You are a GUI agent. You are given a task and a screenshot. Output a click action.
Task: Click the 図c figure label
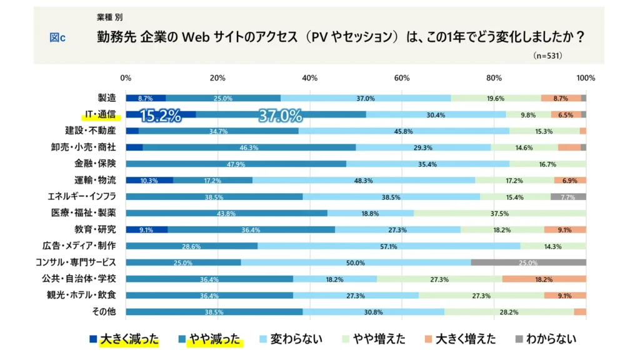click(x=57, y=37)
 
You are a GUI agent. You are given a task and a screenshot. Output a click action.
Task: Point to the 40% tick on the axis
click(x=309, y=78)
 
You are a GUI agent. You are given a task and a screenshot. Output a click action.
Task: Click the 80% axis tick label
click(x=494, y=78)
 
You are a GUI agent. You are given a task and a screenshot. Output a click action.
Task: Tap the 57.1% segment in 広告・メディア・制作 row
click(x=389, y=246)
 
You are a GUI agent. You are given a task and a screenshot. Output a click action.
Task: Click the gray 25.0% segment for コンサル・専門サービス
click(x=528, y=262)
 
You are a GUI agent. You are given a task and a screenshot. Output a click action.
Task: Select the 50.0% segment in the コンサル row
click(x=356, y=262)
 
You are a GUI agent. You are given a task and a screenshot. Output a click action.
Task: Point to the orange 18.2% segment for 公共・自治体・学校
click(x=544, y=279)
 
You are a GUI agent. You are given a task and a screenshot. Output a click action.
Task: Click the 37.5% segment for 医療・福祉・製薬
click(x=500, y=213)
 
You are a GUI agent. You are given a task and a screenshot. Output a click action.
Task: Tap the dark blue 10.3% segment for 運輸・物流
click(x=149, y=180)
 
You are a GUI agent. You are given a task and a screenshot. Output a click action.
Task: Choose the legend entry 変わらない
click(x=292, y=339)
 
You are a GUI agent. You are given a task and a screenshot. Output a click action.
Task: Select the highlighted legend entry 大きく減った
click(x=124, y=339)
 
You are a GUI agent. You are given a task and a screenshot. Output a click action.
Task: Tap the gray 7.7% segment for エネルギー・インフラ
click(x=568, y=197)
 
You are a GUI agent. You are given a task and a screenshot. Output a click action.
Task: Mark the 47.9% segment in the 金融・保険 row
click(x=236, y=164)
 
